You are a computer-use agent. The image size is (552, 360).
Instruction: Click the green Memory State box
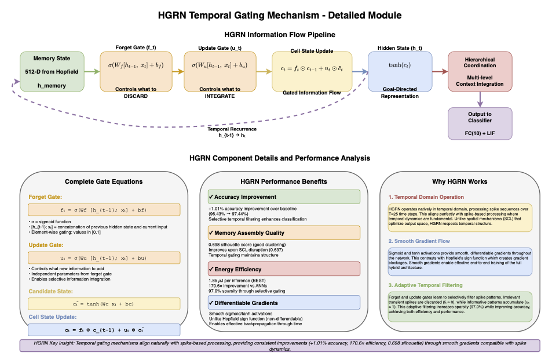point(52,71)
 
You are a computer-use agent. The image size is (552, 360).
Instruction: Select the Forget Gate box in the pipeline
point(131,71)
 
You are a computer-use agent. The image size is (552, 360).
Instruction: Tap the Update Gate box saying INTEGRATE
point(215,71)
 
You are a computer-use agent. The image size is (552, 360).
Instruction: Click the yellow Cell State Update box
point(304,71)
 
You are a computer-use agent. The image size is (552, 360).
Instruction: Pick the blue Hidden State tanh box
point(400,71)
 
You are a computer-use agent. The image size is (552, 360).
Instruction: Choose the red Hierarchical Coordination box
point(480,71)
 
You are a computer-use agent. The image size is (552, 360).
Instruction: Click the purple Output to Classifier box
point(480,123)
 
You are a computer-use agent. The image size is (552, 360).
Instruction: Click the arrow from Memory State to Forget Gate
point(92,71)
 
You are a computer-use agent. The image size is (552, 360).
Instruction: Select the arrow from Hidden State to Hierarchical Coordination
point(440,71)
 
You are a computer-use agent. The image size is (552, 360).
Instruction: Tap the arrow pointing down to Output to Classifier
point(480,99)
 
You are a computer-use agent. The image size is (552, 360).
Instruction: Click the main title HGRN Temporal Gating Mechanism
point(276,15)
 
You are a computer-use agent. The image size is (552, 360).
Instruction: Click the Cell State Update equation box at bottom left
point(104,329)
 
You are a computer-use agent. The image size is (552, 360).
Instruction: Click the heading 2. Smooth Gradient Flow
point(419,241)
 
